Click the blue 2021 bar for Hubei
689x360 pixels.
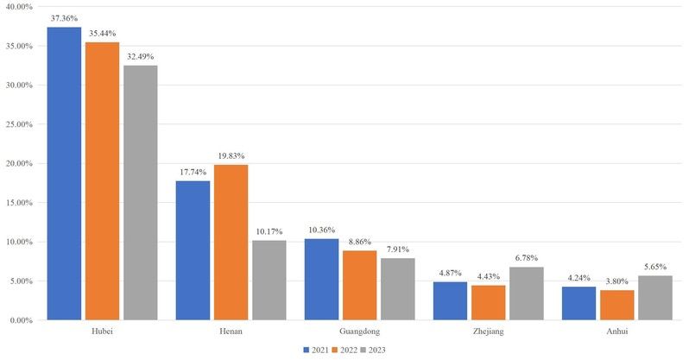point(64,174)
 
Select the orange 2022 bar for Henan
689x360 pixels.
point(231,243)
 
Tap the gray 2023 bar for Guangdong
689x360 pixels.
point(398,289)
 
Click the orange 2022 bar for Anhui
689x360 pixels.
point(616,305)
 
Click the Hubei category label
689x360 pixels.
point(102,331)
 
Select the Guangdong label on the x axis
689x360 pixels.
point(359,331)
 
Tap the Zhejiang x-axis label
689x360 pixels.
point(488,331)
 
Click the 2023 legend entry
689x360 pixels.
point(377,350)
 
